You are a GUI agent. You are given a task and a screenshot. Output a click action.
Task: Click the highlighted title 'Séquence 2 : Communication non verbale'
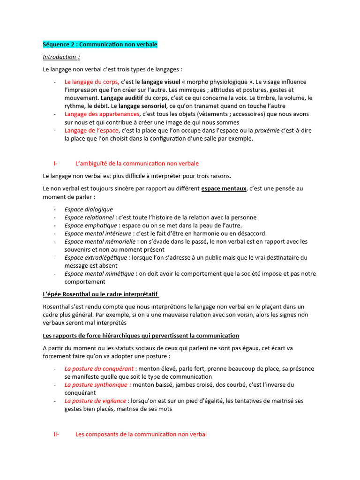(x=100, y=45)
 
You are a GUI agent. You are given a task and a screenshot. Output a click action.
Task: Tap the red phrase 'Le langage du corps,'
(x=92, y=82)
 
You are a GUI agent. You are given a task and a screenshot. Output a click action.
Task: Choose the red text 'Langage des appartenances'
(x=102, y=114)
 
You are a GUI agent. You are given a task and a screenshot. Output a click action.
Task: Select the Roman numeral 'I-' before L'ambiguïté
(x=56, y=164)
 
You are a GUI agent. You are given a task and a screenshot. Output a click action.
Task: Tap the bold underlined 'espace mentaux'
(x=224, y=188)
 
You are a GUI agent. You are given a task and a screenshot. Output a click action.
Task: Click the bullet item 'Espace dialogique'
(x=89, y=210)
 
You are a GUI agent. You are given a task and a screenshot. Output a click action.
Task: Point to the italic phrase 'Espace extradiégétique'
(x=96, y=257)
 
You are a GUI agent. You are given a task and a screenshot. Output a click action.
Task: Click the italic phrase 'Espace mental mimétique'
(x=97, y=274)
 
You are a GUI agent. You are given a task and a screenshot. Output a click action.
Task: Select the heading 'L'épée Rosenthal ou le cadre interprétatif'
(x=101, y=294)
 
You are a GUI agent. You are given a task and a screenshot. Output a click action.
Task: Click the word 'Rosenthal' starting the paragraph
(x=56, y=307)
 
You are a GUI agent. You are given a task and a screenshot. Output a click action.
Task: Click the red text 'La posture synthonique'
(x=97, y=385)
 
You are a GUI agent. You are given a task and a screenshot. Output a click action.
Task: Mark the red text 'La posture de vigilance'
(x=95, y=401)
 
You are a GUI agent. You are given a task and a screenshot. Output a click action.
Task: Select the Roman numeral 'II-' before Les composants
(x=56, y=434)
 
